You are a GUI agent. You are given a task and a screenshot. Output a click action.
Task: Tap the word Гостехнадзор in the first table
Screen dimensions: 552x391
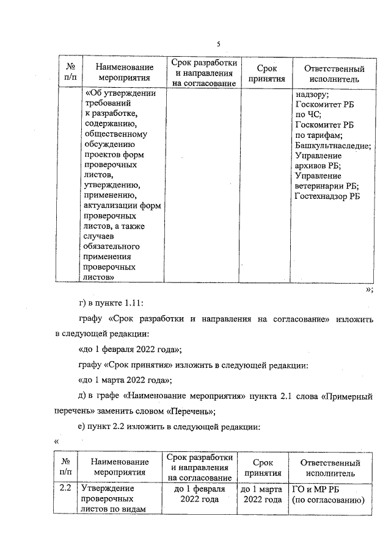[321, 197]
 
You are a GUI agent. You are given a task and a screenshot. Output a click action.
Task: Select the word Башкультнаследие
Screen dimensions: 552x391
[332, 146]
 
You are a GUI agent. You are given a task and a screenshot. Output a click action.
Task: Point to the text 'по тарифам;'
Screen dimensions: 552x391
[319, 135]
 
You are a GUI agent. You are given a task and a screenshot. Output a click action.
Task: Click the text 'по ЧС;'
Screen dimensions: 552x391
[308, 115]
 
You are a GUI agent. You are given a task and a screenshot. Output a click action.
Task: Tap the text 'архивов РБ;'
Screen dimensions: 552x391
[318, 166]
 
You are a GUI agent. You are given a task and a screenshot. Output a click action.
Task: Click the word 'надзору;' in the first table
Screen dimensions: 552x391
[312, 95]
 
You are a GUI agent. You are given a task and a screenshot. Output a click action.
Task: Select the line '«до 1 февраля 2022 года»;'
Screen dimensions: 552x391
[130, 350]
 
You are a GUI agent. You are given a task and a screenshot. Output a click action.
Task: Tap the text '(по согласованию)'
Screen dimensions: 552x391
[327, 500]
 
